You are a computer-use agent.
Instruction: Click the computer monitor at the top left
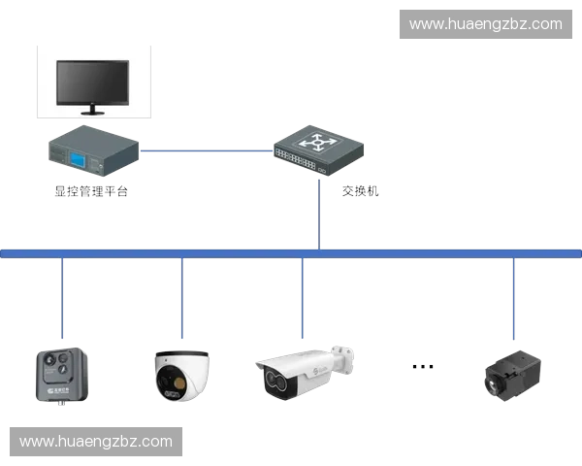tap(93, 86)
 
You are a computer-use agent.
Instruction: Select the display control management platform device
tap(93, 150)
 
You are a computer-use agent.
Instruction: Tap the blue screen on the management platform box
tap(78, 159)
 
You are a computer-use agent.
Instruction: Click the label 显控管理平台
tap(91, 191)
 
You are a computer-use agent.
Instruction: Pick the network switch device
tap(318, 150)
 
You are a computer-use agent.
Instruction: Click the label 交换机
tap(360, 191)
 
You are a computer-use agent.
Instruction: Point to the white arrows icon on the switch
tap(318, 143)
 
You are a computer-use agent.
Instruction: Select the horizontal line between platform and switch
tap(207, 150)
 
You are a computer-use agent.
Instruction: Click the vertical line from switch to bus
tap(319, 215)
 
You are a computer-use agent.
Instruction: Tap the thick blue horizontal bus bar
tap(291, 253)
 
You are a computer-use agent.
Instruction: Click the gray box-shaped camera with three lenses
tap(62, 376)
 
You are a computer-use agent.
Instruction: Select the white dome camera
tap(182, 376)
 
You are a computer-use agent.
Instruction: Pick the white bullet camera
tap(305, 373)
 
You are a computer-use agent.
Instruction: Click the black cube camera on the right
tap(512, 376)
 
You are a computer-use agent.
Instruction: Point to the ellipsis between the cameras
tap(423, 367)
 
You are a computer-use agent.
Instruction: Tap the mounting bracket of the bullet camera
tap(342, 358)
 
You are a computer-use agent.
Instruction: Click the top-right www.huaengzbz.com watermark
tap(486, 24)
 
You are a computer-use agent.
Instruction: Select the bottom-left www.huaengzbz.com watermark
tap(96, 442)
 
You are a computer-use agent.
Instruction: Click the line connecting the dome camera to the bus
tap(182, 298)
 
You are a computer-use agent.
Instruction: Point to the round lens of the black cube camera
tap(494, 385)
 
